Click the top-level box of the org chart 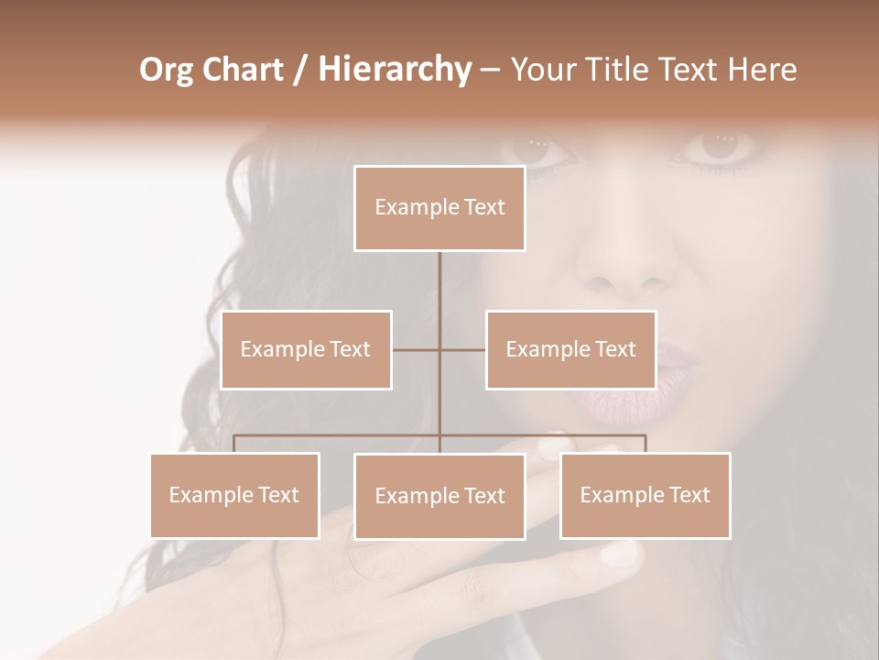click(439, 208)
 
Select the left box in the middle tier click(306, 349)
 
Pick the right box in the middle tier click(570, 349)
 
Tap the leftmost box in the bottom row click(234, 495)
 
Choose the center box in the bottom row click(439, 496)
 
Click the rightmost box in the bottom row click(645, 495)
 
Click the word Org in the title click(167, 70)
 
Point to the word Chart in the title click(242, 70)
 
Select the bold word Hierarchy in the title click(394, 70)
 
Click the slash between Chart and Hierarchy click(300, 71)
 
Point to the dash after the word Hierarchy click(490, 71)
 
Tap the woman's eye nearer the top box click(539, 147)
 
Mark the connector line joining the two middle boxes click(439, 349)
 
